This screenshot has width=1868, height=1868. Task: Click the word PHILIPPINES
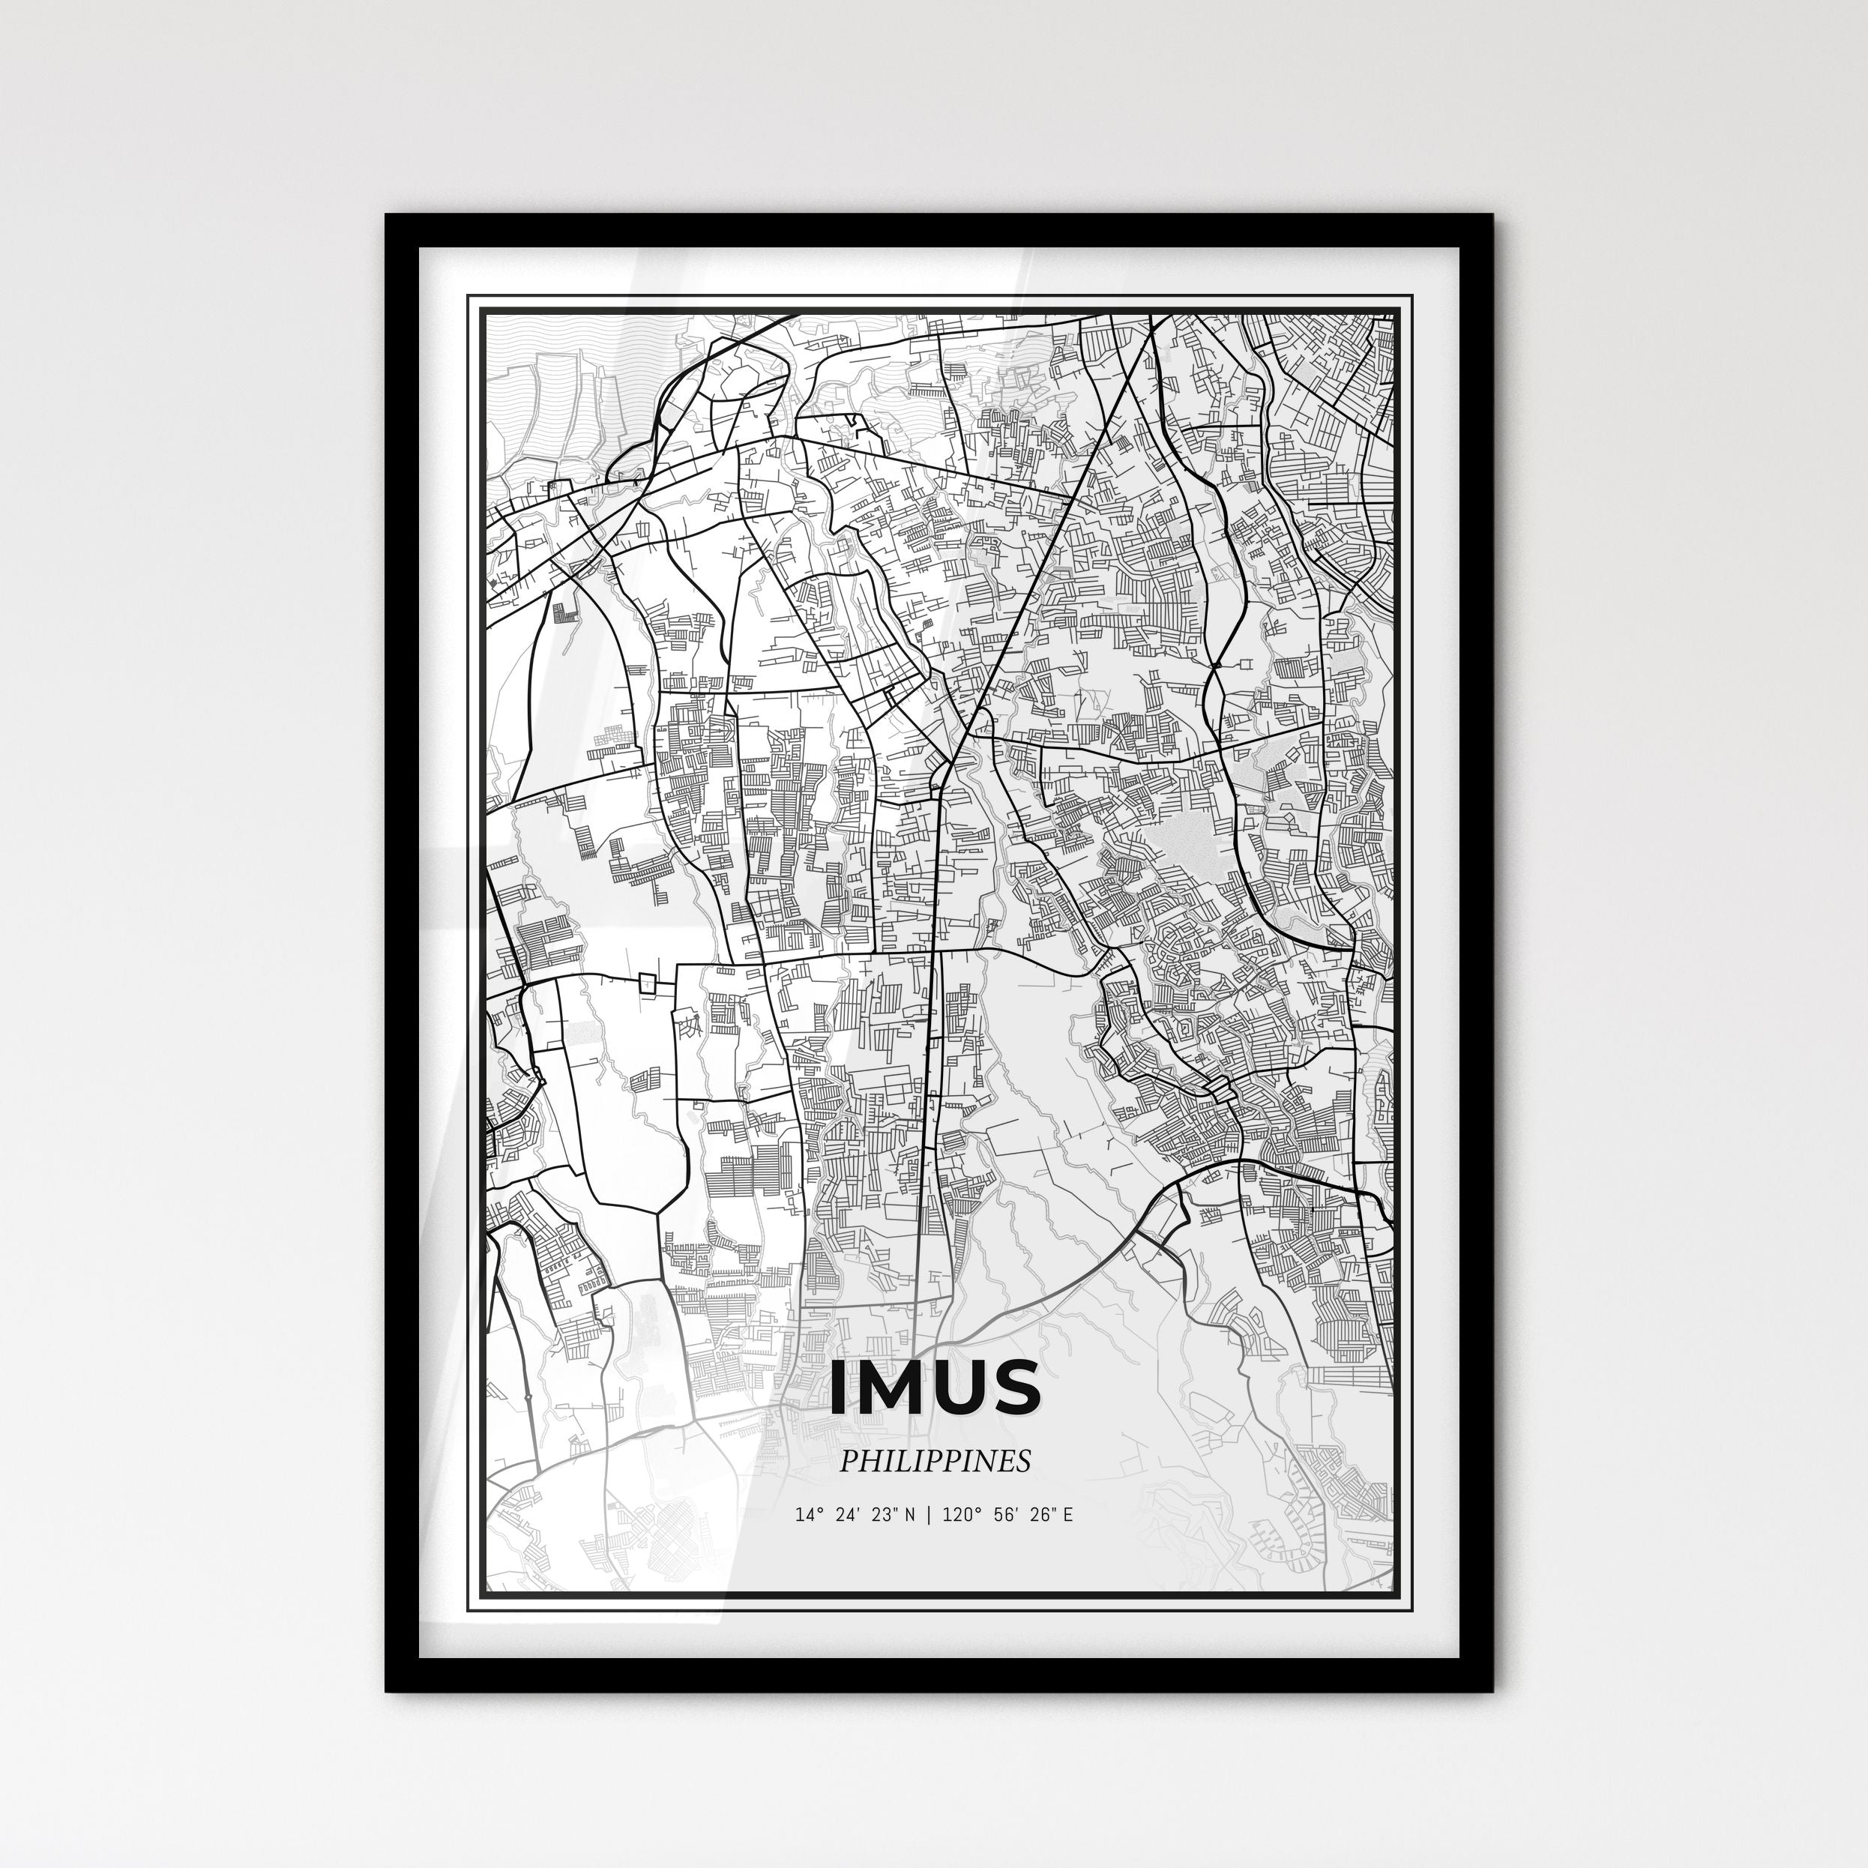(934, 1461)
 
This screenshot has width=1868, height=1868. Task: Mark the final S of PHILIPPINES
(1023, 1461)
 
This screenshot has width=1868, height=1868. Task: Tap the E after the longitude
(1067, 1514)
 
